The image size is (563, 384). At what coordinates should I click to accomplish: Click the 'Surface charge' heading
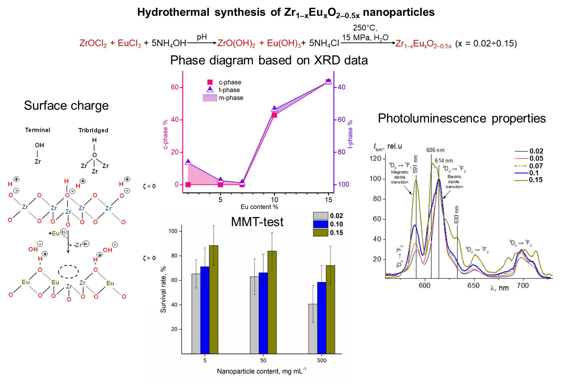pyautogui.click(x=66, y=106)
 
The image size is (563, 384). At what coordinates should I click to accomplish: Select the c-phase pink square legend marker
pyautogui.click(x=210, y=82)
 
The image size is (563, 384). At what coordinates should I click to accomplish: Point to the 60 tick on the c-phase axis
pyautogui.click(x=175, y=87)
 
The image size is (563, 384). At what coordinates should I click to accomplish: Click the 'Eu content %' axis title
pyautogui.click(x=259, y=207)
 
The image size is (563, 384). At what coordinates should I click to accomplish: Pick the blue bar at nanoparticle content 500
pyautogui.click(x=321, y=318)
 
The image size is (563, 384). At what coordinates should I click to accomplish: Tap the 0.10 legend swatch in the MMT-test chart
pyautogui.click(x=321, y=224)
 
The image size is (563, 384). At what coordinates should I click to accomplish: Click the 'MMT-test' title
pyautogui.click(x=257, y=222)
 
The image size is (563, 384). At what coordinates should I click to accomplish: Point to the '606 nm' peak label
pyautogui.click(x=435, y=150)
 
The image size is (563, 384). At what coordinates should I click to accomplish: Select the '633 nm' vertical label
pyautogui.click(x=457, y=215)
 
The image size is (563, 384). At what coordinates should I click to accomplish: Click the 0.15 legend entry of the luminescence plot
pyautogui.click(x=529, y=180)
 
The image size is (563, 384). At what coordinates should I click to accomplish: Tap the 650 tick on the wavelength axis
pyautogui.click(x=474, y=286)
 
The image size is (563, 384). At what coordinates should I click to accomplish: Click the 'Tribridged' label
pyautogui.click(x=93, y=130)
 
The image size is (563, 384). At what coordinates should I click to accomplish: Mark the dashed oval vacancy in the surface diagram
pyautogui.click(x=69, y=271)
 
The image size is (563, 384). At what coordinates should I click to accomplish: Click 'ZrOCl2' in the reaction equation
pyautogui.click(x=93, y=44)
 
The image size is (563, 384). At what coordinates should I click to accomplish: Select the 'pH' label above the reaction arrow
pyautogui.click(x=202, y=37)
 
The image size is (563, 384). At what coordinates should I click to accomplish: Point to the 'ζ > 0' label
pyautogui.click(x=149, y=258)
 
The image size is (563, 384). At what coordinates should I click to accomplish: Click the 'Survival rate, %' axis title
pyautogui.click(x=163, y=289)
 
